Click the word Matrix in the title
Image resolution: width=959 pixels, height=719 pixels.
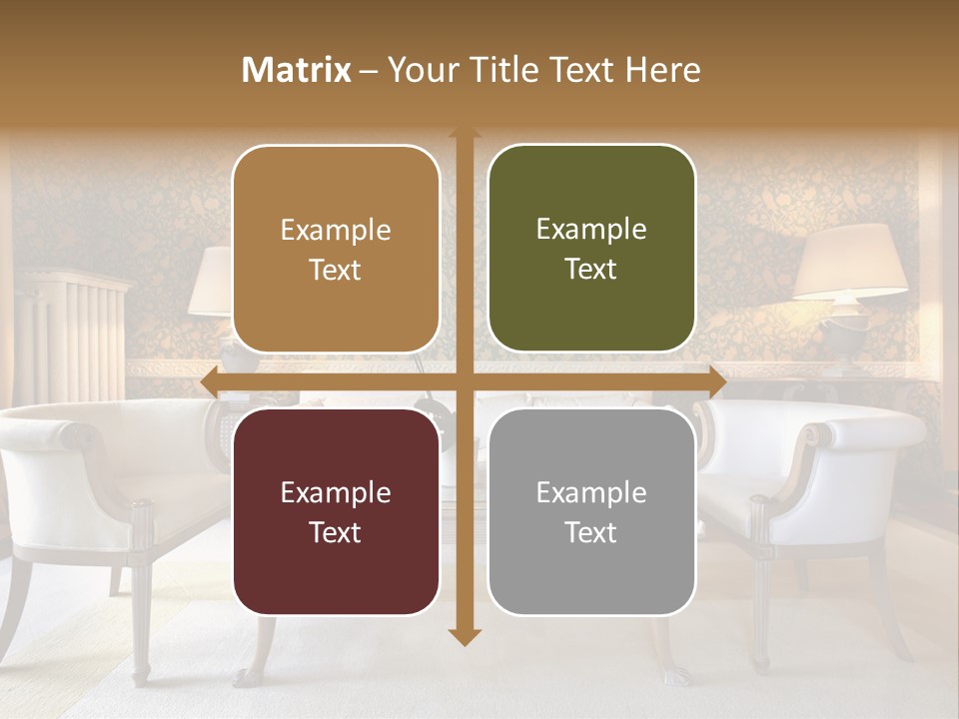[297, 70]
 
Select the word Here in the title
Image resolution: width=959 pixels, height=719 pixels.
[663, 70]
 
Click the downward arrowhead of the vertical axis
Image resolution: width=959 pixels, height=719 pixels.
[464, 636]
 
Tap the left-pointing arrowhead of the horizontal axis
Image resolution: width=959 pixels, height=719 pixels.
[210, 380]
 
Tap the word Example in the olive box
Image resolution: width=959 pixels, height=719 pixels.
[591, 229]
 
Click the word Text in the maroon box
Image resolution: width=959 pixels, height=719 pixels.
[336, 532]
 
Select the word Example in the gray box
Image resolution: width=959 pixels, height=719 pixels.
[591, 492]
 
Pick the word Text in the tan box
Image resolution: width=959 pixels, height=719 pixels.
[336, 270]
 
